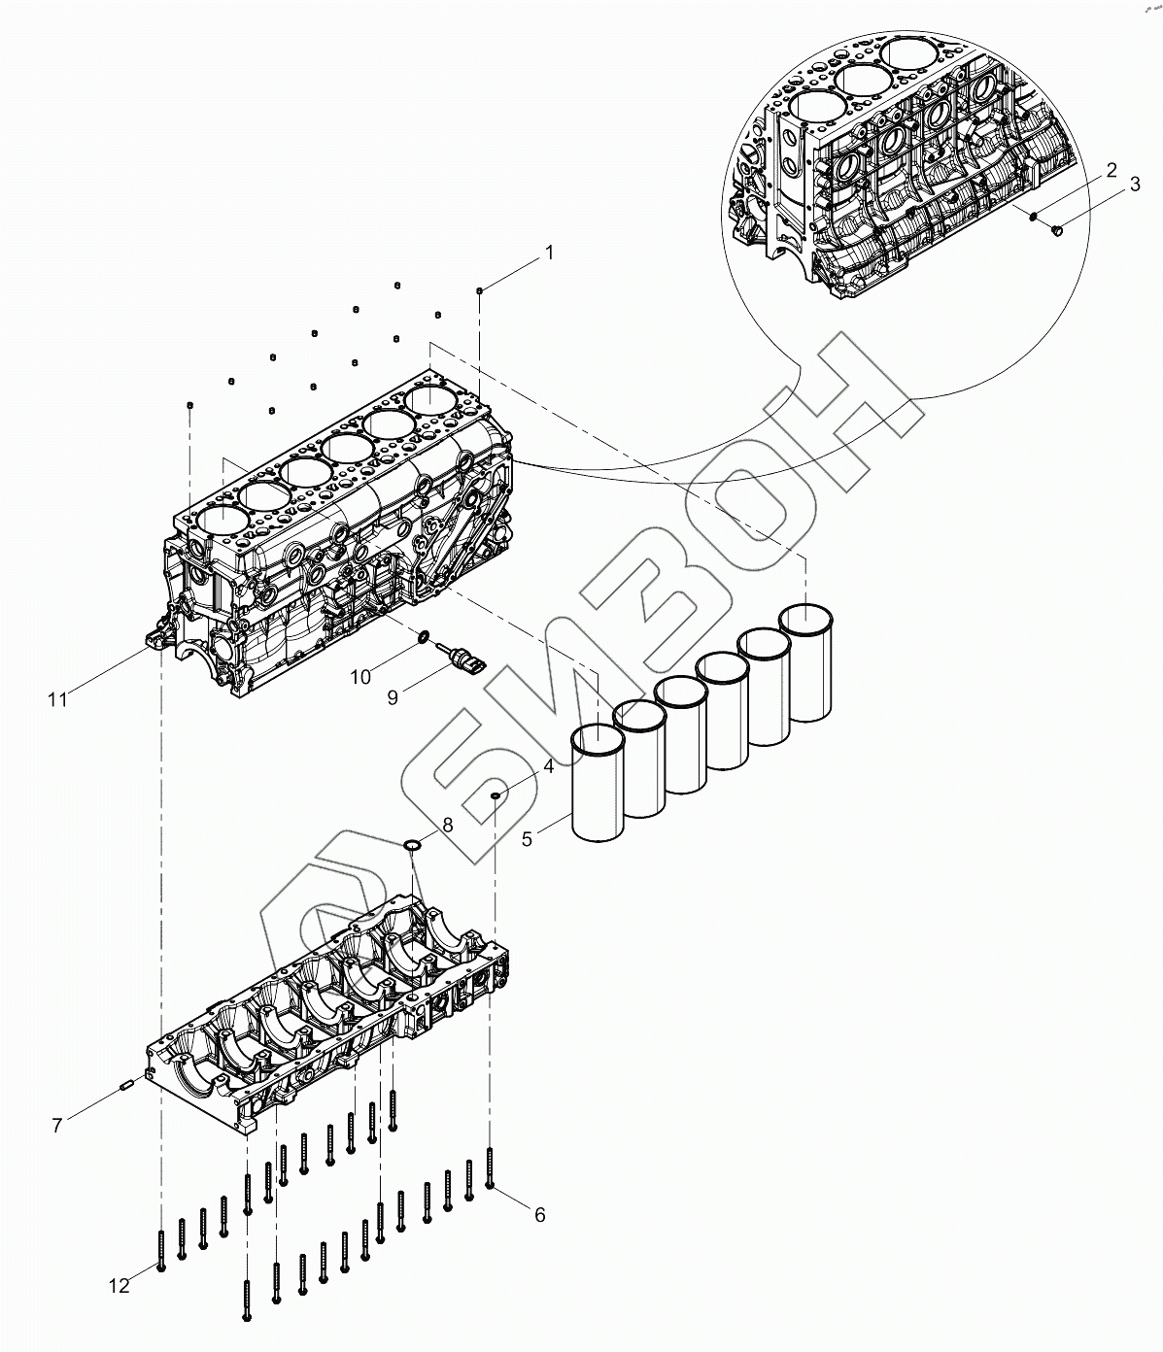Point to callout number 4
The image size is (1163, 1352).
point(549,765)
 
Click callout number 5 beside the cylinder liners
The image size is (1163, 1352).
point(528,838)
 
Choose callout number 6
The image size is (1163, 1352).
point(540,1214)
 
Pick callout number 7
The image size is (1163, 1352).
point(57,1125)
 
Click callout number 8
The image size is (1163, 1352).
point(447,825)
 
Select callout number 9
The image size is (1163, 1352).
point(393,697)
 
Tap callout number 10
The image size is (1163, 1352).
point(360,676)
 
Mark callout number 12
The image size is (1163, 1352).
point(119,1286)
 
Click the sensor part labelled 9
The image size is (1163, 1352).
point(462,659)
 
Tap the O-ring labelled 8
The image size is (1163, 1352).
point(412,844)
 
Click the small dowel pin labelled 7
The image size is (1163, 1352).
point(124,1085)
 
